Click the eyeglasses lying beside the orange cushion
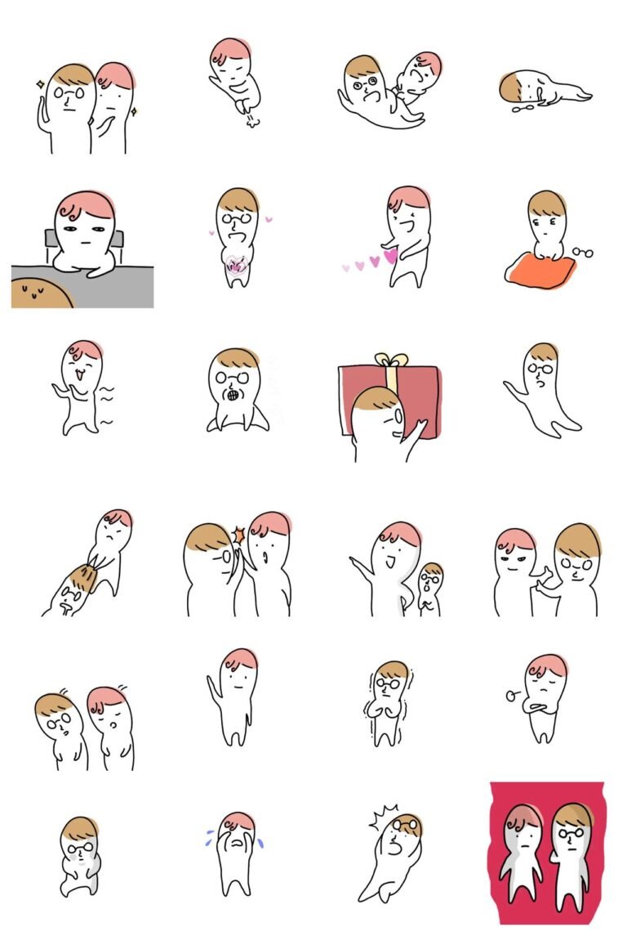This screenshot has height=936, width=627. click(x=582, y=252)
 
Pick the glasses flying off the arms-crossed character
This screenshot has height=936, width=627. click(x=514, y=696)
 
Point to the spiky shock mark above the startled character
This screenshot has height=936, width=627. click(x=384, y=816)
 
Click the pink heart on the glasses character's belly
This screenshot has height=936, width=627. click(x=236, y=264)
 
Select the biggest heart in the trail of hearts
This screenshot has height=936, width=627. click(x=390, y=256)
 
